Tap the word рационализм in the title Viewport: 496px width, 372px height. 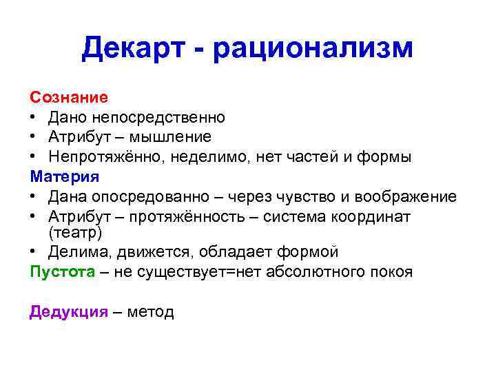tap(313, 48)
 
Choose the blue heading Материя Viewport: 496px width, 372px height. tap(64, 176)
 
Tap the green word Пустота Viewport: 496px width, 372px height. tap(62, 271)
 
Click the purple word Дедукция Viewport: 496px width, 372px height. tap(68, 312)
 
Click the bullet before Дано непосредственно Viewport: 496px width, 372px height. tap(34, 118)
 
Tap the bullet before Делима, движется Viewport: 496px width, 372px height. tap(34, 252)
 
